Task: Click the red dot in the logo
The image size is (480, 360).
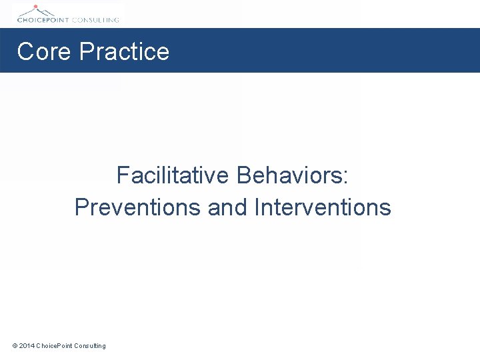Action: (x=36, y=6)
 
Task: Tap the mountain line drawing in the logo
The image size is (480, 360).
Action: (x=37, y=11)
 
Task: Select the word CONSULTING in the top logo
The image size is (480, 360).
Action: (x=96, y=20)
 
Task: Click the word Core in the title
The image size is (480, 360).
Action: (x=44, y=51)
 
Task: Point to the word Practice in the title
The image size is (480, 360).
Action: (x=124, y=51)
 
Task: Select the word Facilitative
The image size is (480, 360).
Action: (x=173, y=175)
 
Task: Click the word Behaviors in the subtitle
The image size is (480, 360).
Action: (x=288, y=175)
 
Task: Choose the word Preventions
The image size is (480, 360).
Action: (x=138, y=207)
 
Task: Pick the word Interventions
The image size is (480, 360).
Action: (x=323, y=207)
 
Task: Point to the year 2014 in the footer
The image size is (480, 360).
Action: (x=27, y=345)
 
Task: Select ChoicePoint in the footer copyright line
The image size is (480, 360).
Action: (x=55, y=345)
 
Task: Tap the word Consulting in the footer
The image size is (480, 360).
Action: (x=90, y=345)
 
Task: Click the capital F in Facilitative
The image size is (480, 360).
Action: (x=123, y=175)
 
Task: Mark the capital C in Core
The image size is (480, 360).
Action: (x=25, y=51)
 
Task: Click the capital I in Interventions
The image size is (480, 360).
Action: (x=257, y=207)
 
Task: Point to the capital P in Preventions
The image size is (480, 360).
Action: (x=81, y=207)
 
